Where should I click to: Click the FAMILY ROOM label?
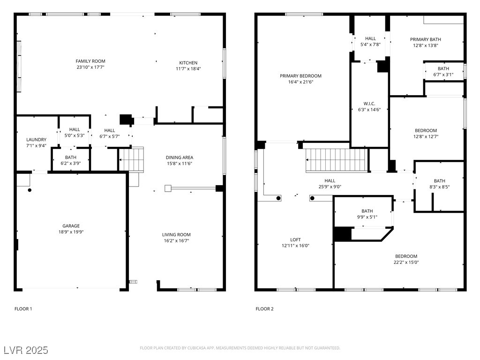coord(90,61)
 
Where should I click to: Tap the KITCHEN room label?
coord(188,63)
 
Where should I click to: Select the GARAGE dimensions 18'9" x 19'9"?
coord(71,232)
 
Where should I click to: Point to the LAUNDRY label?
coord(37,140)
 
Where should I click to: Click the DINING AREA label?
coord(180,157)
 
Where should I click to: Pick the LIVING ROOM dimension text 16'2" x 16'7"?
coord(176,240)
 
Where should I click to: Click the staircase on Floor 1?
coord(131,159)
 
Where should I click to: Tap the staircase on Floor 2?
coord(337,160)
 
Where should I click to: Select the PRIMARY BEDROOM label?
coord(300,76)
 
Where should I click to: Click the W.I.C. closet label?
coord(369,104)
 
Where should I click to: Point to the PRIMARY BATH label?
coord(426,39)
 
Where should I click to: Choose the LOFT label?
coord(295,240)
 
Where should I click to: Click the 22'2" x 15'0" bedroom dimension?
coord(406,262)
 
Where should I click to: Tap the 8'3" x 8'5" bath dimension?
coord(440,187)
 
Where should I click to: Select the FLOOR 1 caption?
coord(23,309)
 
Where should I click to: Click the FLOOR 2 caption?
coord(264,309)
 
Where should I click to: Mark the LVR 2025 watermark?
coord(26,350)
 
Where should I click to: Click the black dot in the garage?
coord(30,190)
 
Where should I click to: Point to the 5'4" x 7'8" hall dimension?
coord(370,45)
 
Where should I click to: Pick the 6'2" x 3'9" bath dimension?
coord(71,163)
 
